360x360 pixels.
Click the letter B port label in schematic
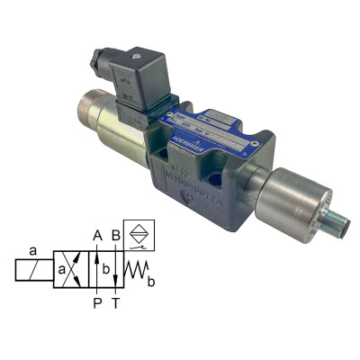116,236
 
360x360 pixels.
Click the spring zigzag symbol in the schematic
136,270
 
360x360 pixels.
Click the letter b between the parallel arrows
105,269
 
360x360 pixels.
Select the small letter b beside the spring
150,282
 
